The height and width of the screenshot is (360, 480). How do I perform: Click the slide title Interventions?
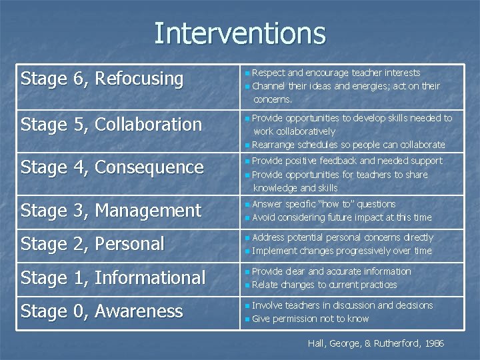coord(239,33)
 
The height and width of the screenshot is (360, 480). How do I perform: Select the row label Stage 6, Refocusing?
coord(102,79)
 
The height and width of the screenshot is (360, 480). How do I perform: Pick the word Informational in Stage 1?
coord(150,278)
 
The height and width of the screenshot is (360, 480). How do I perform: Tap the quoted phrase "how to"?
coord(325,204)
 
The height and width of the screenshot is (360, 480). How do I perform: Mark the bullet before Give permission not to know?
coord(247,319)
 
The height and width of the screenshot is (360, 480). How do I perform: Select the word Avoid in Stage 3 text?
coord(264,217)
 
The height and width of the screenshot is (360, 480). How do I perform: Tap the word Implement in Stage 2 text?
coord(275,251)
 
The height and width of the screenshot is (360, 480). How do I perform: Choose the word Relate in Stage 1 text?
coord(265,285)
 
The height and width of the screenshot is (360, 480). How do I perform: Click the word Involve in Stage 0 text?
coord(267,305)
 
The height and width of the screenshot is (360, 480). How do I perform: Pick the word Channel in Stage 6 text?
coord(269,86)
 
